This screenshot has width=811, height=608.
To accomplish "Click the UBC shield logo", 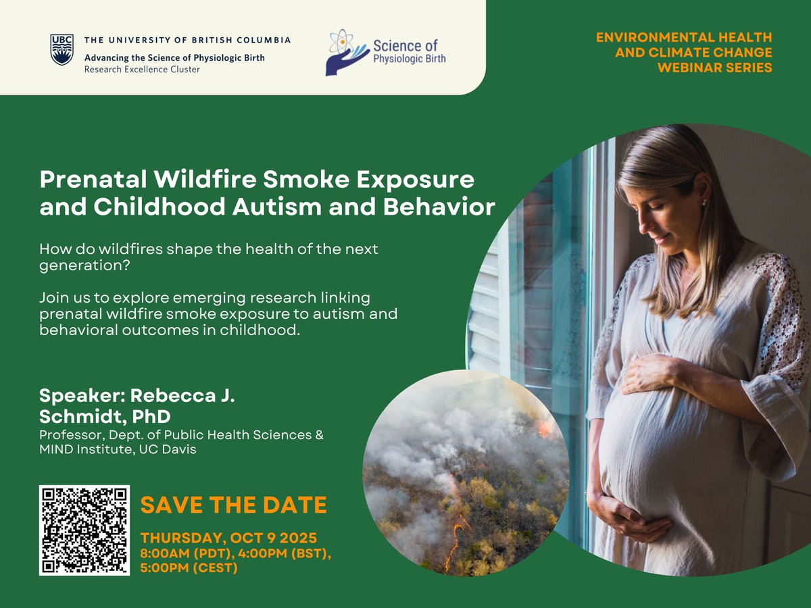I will click(x=62, y=50).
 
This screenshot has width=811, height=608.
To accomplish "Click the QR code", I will click(x=84, y=530).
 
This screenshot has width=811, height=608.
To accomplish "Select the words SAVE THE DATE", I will click(x=233, y=505).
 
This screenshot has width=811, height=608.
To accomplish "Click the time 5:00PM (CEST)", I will click(x=189, y=568).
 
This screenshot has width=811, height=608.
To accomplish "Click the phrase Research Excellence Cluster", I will click(x=142, y=70).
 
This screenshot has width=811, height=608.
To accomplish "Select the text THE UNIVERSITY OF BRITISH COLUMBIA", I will click(x=187, y=40).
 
